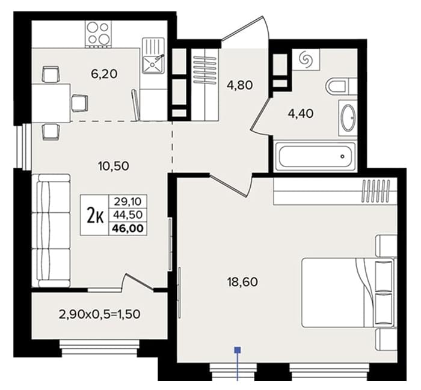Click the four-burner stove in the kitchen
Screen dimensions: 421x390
click(98, 34)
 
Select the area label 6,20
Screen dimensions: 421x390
click(104, 74)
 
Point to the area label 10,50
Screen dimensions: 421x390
click(114, 166)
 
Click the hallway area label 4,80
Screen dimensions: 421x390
click(240, 85)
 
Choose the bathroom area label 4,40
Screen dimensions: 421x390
click(301, 114)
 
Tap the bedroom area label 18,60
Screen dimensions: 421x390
click(242, 282)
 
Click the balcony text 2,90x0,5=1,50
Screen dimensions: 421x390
click(99, 314)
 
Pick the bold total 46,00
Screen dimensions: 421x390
click(128, 228)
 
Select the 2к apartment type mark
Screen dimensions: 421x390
click(95, 216)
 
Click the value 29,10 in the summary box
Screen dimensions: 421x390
click(128, 201)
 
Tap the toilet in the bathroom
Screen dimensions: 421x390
click(342, 86)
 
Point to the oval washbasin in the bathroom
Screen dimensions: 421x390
click(348, 118)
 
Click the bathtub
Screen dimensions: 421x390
click(315, 156)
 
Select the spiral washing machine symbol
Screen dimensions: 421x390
click(306, 59)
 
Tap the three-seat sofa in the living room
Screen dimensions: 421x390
click(51, 230)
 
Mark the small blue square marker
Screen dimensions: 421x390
click(238, 350)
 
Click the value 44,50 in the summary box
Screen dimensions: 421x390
click(128, 215)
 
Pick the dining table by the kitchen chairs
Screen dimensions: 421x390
click(51, 103)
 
